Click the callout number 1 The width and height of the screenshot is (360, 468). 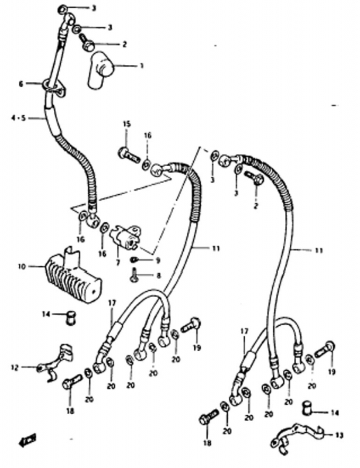point(142,66)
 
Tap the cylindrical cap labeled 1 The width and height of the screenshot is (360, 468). point(100,70)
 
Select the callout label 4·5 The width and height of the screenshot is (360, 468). point(18,118)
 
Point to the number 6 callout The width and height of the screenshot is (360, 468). point(20,84)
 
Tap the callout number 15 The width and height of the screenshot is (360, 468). point(127,124)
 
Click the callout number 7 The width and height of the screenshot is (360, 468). point(118,263)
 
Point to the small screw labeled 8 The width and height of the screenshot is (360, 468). point(134,275)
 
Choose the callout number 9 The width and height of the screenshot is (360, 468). point(157,260)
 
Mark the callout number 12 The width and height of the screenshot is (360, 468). point(14,368)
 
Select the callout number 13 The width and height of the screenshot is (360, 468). point(339,435)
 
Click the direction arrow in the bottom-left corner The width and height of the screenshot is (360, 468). point(28,440)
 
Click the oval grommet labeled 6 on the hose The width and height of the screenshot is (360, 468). point(54,87)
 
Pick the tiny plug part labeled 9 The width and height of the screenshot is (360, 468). point(134,260)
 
